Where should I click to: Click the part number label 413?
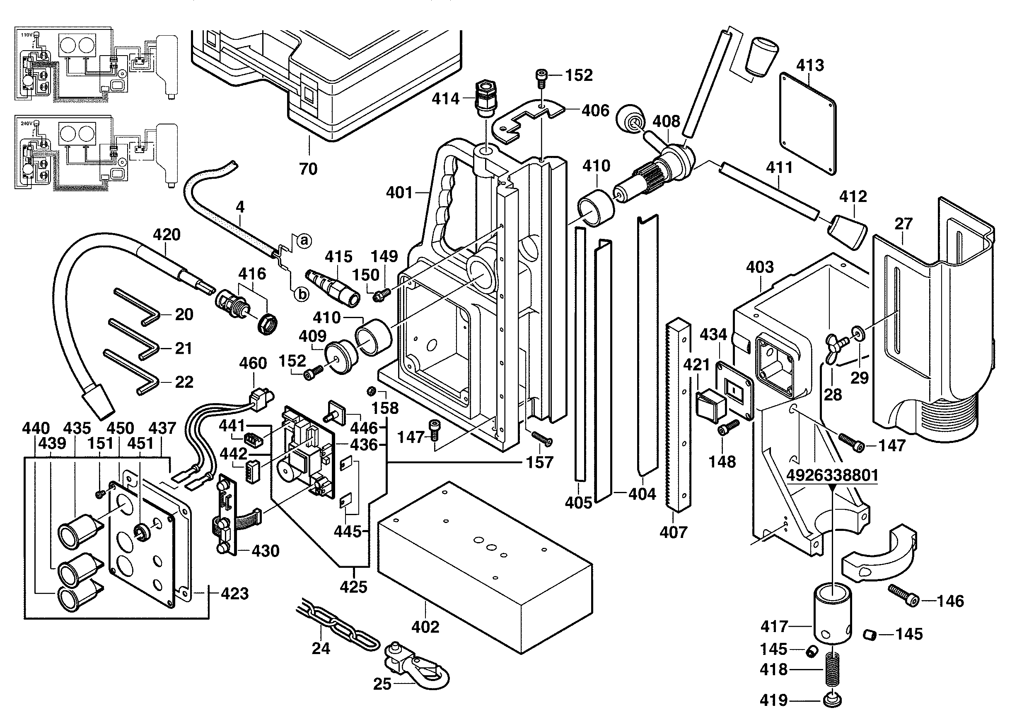click(x=810, y=65)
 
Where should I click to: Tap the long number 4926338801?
click(x=832, y=476)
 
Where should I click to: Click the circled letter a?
click(x=304, y=241)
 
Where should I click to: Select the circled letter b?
click(x=302, y=294)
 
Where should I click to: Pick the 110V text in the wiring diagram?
click(x=27, y=34)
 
